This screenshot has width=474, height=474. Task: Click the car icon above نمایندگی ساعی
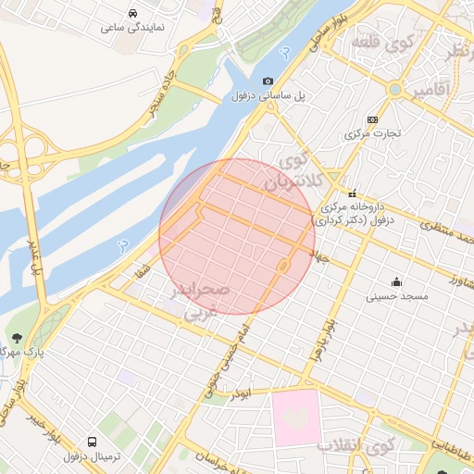135,14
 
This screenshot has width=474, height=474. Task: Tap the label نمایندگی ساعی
135,28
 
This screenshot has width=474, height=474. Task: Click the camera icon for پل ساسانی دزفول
268,81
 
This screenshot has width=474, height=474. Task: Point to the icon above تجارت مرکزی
373,119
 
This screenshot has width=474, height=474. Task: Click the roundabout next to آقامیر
395,90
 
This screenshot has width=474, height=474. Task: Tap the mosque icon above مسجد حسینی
397,282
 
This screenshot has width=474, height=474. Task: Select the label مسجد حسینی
396,296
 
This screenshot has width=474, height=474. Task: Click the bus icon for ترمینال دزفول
92,443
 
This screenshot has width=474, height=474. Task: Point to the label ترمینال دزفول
88,456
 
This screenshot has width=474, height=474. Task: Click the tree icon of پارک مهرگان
17,338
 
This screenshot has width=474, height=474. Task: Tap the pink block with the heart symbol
294,416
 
